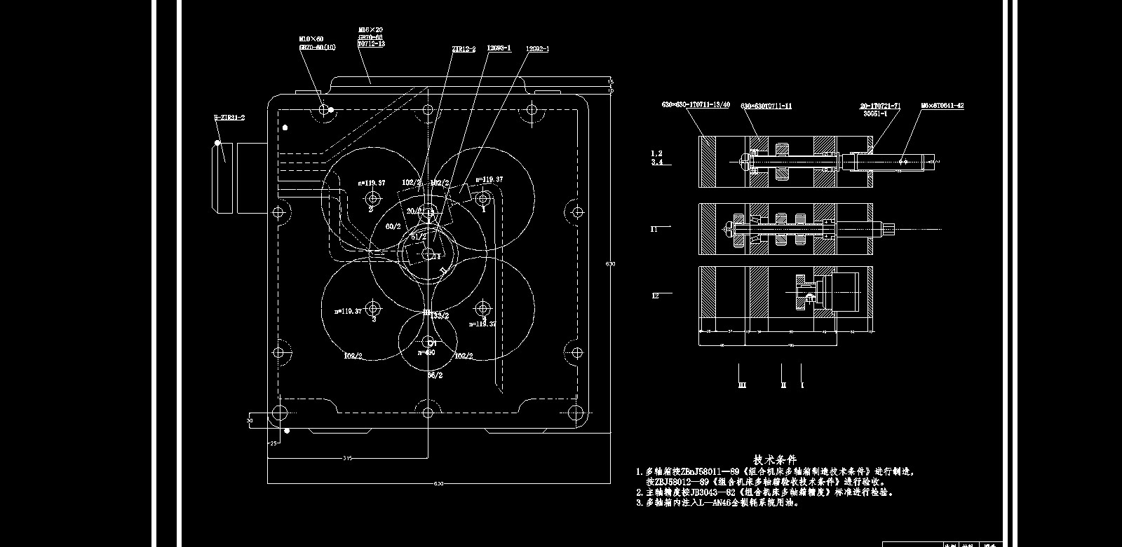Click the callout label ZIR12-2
click(x=464, y=49)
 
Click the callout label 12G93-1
click(x=499, y=48)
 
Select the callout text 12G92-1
click(x=536, y=49)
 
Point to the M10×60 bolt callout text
click(x=311, y=39)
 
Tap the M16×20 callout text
click(x=370, y=30)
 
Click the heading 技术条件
click(x=775, y=459)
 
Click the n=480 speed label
click(x=426, y=352)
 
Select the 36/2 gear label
click(x=435, y=375)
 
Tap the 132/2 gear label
click(x=440, y=316)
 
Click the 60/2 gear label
click(x=393, y=227)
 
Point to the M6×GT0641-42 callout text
click(x=942, y=106)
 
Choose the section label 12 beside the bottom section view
click(x=655, y=296)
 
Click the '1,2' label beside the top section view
click(x=656, y=153)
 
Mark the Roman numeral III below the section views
click(x=742, y=385)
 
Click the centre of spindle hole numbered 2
click(x=372, y=200)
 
